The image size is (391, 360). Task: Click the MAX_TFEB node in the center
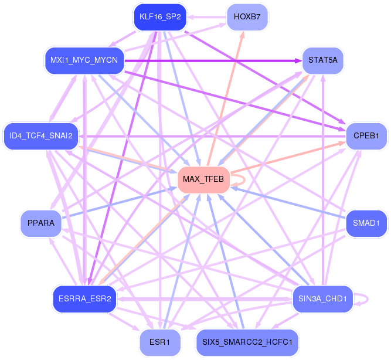(203, 179)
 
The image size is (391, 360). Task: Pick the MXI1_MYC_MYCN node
(84, 60)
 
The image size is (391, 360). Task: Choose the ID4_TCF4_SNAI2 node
(41, 136)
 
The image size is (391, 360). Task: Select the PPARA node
(41, 223)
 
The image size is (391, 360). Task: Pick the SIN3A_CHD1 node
(322, 298)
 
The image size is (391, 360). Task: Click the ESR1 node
(160, 341)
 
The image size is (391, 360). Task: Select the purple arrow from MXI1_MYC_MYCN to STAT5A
(211, 60)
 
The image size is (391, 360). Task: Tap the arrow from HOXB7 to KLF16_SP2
(206, 17)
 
